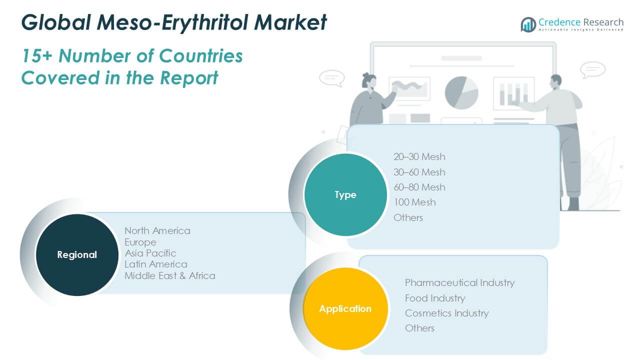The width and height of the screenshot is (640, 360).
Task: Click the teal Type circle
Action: pyautogui.click(x=345, y=194)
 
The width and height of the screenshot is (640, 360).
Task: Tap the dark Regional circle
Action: pyautogui.click(x=77, y=254)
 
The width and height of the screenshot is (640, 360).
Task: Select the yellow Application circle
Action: pyautogui.click(x=345, y=308)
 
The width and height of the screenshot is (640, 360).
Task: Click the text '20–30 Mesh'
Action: pyautogui.click(x=419, y=156)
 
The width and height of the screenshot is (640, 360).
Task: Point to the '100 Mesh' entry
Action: pyautogui.click(x=414, y=202)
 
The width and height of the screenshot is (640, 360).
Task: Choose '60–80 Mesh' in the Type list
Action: pyautogui.click(x=419, y=187)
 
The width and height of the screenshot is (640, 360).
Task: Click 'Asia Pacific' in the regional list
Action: pyautogui.click(x=150, y=253)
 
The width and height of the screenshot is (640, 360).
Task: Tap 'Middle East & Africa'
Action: pyautogui.click(x=169, y=275)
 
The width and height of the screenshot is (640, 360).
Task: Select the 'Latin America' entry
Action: pyautogui.click(x=155, y=264)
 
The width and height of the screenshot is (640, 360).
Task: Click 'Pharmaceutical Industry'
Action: pyautogui.click(x=459, y=283)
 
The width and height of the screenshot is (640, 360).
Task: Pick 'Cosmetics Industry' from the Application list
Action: pyautogui.click(x=447, y=313)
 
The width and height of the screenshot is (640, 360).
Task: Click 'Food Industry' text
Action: pyautogui.click(x=435, y=298)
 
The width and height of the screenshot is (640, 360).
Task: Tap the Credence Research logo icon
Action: pyautogui.click(x=528, y=24)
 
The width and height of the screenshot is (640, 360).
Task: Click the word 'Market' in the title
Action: pyautogui.click(x=290, y=22)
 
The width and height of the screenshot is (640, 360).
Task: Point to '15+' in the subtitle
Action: pyautogui.click(x=37, y=55)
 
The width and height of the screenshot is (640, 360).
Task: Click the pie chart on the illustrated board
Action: pyautogui.click(x=461, y=93)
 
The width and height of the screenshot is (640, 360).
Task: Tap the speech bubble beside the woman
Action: pyautogui.click(x=332, y=78)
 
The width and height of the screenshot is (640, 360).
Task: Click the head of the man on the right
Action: pyautogui.click(x=556, y=82)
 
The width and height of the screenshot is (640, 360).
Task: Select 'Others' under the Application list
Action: pyautogui.click(x=419, y=328)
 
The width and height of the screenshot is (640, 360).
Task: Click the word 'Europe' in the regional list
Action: pyautogui.click(x=140, y=242)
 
